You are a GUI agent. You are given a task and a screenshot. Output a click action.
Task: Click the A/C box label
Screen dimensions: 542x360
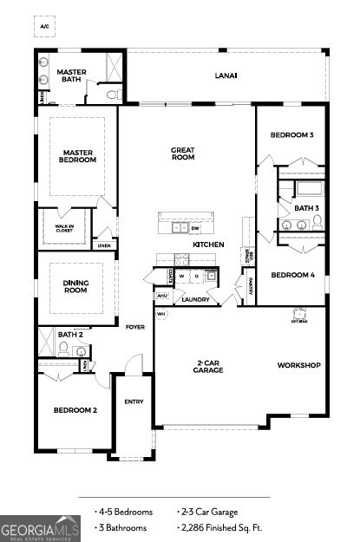click(45, 27)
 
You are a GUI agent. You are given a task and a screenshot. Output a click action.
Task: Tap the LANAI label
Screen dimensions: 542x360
click(226, 75)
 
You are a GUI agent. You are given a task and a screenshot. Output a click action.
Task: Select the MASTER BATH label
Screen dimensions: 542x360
click(70, 75)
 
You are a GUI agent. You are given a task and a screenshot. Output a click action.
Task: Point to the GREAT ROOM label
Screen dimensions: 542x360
click(182, 153)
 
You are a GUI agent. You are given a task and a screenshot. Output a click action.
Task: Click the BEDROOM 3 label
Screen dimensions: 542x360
click(291, 135)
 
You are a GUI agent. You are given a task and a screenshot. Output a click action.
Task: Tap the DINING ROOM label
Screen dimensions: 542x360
click(76, 286)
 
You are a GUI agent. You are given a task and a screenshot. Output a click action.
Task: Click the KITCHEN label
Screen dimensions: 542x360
click(208, 245)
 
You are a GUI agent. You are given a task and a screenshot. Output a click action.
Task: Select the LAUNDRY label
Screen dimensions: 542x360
click(195, 300)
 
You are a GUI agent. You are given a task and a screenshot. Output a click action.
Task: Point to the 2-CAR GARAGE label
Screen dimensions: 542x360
click(209, 367)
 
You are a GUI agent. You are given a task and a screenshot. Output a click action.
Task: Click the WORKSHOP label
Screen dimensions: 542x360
click(299, 365)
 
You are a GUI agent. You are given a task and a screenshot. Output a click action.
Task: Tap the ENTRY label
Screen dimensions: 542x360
click(134, 402)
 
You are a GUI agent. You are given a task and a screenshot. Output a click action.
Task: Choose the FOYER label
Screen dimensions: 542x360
click(135, 327)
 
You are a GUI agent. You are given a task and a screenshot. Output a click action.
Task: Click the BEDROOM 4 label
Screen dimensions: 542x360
click(291, 276)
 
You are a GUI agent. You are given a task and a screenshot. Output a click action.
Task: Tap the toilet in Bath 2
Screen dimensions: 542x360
click(63, 349)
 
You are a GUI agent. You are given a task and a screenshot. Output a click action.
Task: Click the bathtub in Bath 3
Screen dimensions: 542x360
click(309, 188)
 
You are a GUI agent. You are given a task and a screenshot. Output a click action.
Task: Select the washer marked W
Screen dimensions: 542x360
click(184, 277)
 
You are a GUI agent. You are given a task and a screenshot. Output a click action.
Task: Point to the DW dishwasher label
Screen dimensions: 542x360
click(195, 229)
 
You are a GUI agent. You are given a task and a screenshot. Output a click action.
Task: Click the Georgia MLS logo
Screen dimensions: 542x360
click(40, 528)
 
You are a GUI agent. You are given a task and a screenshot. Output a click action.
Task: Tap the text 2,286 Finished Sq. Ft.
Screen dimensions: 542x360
click(220, 527)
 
